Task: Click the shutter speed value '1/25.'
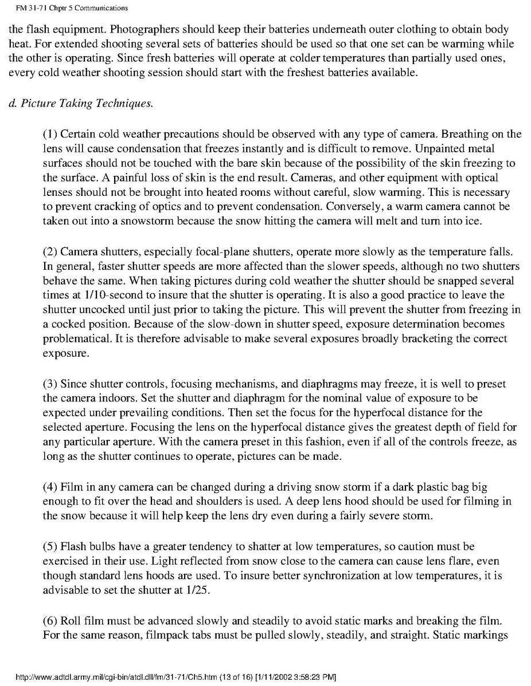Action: pos(199,590)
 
